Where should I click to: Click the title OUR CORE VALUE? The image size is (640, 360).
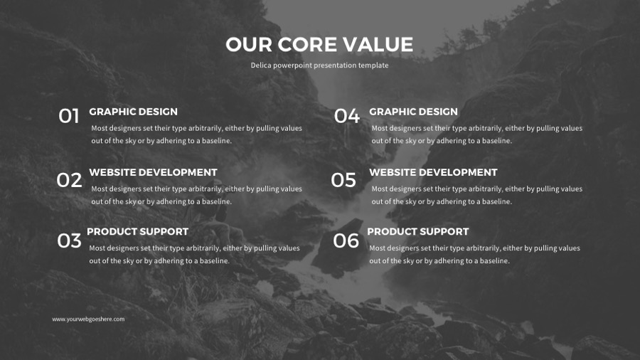point(319,45)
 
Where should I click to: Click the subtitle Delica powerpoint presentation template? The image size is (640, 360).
point(319,65)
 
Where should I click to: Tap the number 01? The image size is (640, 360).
point(68,116)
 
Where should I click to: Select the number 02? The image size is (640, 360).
point(69,180)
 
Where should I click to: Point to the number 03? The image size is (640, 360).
point(69,240)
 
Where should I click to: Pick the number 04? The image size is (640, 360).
point(347,116)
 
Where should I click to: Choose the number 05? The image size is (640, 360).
point(343,180)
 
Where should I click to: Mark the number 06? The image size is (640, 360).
point(346,240)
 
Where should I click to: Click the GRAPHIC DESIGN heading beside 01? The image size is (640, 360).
point(134,112)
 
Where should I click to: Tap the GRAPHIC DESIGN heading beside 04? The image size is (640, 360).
point(413,112)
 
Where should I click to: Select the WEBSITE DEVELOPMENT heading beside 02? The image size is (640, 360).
point(153,172)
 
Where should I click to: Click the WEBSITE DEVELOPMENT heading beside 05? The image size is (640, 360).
point(433,172)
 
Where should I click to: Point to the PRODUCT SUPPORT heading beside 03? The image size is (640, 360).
point(137,231)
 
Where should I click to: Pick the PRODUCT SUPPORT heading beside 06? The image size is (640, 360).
point(418,231)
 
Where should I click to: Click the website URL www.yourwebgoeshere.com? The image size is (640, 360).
point(88,319)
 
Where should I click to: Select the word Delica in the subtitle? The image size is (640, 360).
point(261,65)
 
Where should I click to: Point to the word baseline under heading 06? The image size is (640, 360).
point(495,260)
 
